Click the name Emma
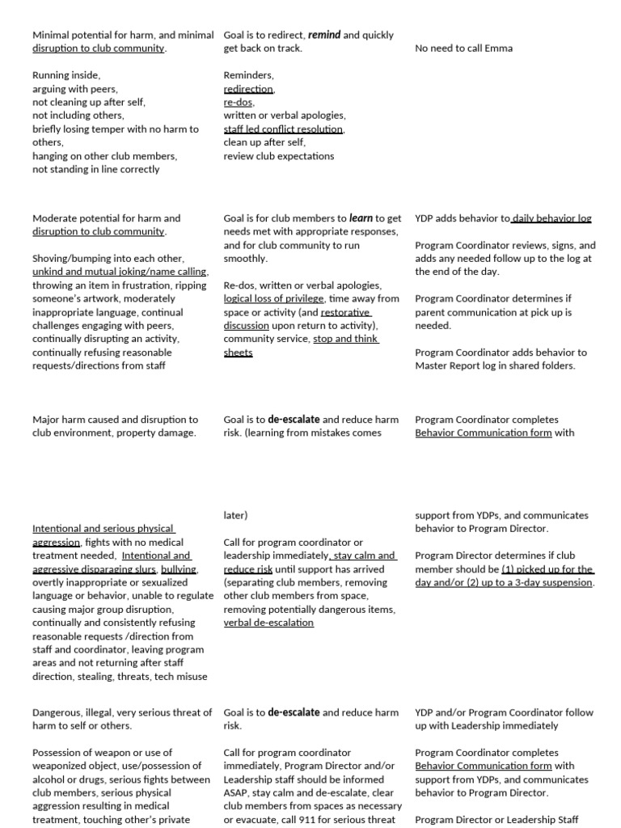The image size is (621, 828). tap(498, 49)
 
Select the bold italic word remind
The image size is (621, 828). tap(324, 35)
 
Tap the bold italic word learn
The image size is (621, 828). tap(361, 218)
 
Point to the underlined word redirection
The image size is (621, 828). tap(249, 89)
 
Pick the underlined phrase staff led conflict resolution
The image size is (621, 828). tap(284, 129)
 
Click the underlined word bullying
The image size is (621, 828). tap(179, 569)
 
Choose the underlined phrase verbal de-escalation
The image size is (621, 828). tap(268, 623)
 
